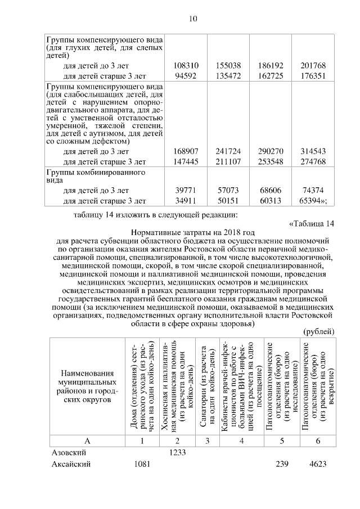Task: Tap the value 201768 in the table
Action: [x=313, y=65]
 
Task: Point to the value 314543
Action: [x=313, y=152]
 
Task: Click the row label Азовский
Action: [x=69, y=452]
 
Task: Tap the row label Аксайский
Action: [x=71, y=464]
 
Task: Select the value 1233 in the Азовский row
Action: [x=178, y=452]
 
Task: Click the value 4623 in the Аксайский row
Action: [x=318, y=464]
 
